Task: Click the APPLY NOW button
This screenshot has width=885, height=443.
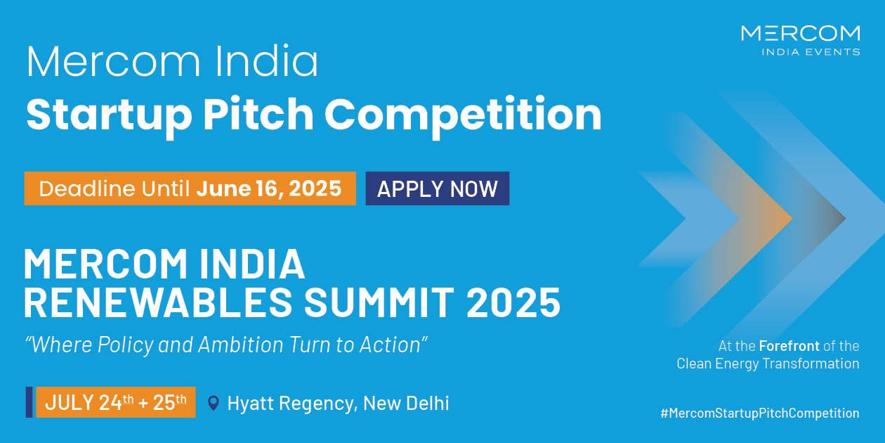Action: click(438, 188)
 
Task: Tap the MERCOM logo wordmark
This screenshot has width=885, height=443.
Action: click(801, 33)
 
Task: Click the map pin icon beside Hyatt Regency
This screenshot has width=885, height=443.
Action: click(214, 403)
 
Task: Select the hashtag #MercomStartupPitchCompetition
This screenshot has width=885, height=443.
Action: click(760, 413)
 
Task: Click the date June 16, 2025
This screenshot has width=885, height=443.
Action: click(268, 188)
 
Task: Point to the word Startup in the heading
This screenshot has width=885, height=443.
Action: click(109, 115)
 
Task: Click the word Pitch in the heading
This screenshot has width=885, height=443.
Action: click(258, 114)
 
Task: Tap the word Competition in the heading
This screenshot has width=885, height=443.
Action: click(463, 115)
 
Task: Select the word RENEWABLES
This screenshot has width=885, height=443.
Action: click(157, 302)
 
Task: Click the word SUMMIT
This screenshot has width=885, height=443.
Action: click(379, 302)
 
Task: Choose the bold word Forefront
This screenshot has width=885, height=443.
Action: click(789, 346)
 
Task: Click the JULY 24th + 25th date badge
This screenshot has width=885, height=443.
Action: click(116, 402)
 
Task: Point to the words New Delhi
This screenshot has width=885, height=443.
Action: click(406, 403)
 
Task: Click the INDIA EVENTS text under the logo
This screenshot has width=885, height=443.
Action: click(811, 52)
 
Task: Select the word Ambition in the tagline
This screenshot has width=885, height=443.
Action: click(241, 345)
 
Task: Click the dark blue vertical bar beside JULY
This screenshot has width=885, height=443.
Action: click(29, 402)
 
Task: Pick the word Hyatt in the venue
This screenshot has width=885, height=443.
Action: click(251, 404)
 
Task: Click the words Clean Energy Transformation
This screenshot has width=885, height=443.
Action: click(768, 364)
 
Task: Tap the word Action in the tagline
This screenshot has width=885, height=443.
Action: click(390, 345)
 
